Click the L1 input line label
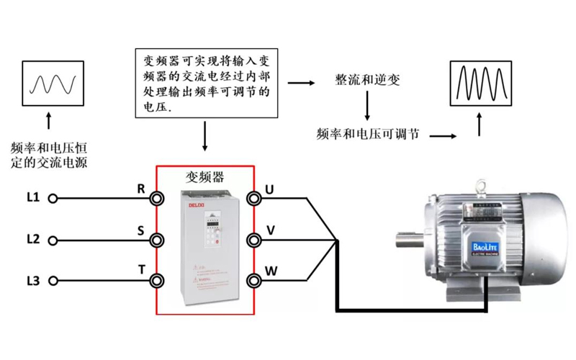[x=32, y=197]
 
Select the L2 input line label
[x=32, y=238]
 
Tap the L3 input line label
[x=32, y=280]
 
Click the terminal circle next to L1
[x=53, y=197]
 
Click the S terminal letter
[x=141, y=230]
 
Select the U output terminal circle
[x=253, y=197]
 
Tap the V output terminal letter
[x=271, y=230]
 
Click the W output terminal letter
[x=271, y=271]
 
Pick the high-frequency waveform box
[x=480, y=81]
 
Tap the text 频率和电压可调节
[x=368, y=134]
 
